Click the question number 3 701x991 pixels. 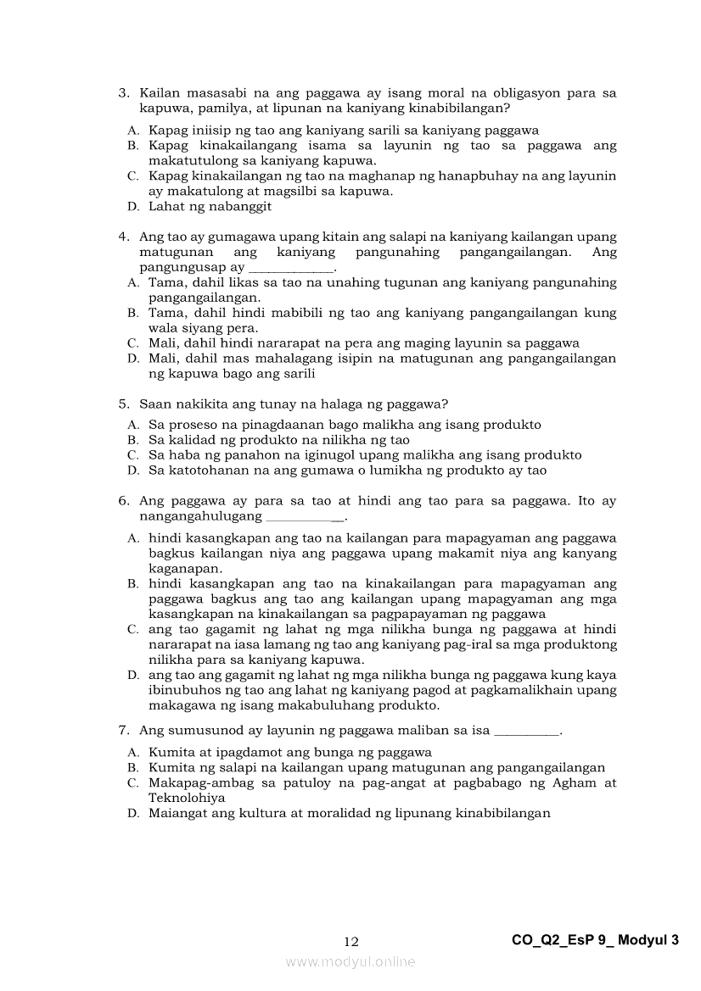(122, 93)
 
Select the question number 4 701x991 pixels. (122, 237)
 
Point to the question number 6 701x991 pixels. (122, 501)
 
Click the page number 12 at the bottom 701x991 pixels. (351, 941)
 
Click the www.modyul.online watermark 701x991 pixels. (350, 961)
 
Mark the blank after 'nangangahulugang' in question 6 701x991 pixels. (304, 517)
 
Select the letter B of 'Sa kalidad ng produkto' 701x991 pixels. (132, 440)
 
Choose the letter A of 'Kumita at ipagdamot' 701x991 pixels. (132, 752)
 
